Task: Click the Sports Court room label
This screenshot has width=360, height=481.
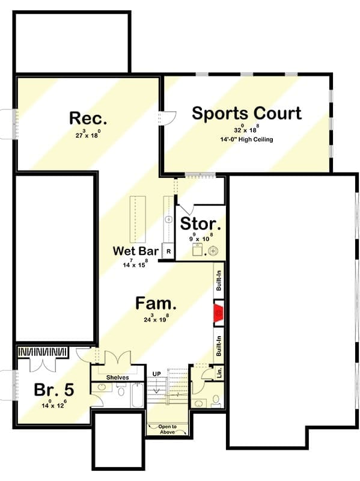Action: coord(247,113)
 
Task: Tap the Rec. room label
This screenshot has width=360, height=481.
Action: coord(88,118)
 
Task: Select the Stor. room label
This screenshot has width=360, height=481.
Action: coord(200,224)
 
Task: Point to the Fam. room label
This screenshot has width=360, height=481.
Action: coord(156,303)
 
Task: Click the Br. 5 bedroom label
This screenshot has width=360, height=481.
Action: coord(54,390)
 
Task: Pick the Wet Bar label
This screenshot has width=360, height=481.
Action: coord(136,251)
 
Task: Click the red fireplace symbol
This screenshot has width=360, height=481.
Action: coord(219,313)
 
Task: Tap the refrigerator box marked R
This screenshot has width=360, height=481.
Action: coord(168,251)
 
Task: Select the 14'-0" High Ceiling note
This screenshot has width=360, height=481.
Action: coord(246,139)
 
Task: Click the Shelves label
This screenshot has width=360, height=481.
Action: coord(117,378)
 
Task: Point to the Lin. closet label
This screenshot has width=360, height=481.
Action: coord(219,373)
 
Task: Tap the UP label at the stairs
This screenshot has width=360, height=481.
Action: coord(157,374)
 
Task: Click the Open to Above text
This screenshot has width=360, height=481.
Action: coord(168,429)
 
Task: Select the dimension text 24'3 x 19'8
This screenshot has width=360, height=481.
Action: coord(156,319)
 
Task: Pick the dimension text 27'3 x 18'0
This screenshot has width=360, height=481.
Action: coord(88,134)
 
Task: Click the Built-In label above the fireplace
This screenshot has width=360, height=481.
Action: coord(219,280)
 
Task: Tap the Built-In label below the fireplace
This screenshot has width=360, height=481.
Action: coord(219,346)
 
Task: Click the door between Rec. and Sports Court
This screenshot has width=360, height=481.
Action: coord(168,118)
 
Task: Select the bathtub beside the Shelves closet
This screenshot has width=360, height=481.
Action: coord(138,395)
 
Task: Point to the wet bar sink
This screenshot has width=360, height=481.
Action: coord(168,219)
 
